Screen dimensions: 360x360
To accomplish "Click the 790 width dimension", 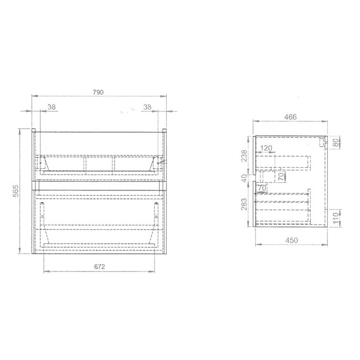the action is tap(98, 92).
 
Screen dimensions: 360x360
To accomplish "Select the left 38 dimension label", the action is tap(52, 107).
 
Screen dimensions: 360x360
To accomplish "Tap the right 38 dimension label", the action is tap(147, 107).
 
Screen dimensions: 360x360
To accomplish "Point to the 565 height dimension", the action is tap(16, 191).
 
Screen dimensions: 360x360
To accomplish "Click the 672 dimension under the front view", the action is tap(99, 266).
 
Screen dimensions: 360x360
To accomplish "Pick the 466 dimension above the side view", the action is tap(290, 117).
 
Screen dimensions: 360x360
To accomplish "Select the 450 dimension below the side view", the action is tap(291, 240).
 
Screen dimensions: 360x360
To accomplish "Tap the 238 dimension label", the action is tap(244, 156).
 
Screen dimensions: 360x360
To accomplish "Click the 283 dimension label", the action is tap(244, 204).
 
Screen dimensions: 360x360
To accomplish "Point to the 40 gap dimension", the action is tap(244, 178).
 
